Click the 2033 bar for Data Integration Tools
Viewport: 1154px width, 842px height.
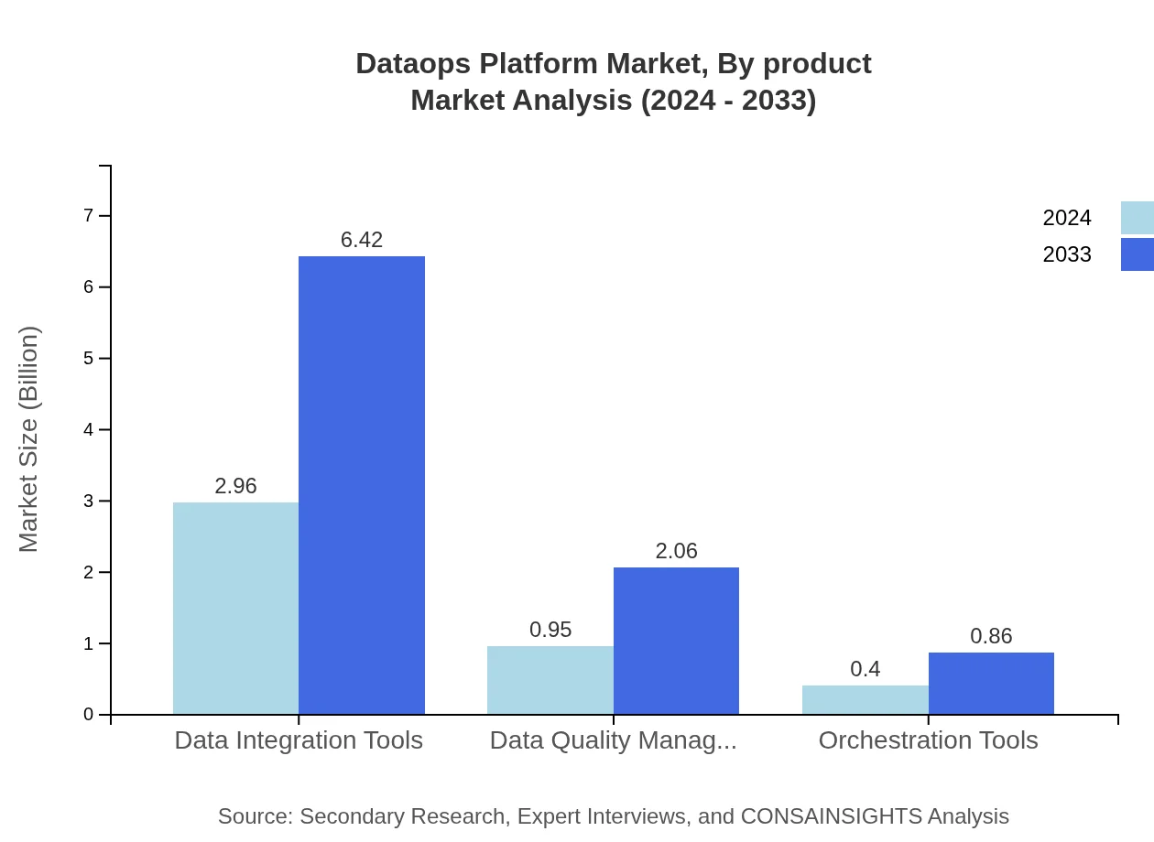coord(362,485)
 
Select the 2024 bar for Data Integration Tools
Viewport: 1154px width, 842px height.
coord(235,609)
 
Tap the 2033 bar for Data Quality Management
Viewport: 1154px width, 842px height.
coord(676,641)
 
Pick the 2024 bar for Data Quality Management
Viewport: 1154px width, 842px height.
coord(550,680)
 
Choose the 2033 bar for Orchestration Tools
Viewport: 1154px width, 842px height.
coord(991,684)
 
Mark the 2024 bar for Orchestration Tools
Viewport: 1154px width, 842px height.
coord(865,700)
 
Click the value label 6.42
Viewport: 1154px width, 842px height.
coord(362,240)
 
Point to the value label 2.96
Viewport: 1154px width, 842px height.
coord(235,486)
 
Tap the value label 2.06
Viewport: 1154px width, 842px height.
coord(676,551)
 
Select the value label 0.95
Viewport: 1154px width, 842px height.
coord(550,630)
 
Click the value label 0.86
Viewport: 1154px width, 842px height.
coord(991,636)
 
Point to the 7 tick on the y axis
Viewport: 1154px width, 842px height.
coord(89,216)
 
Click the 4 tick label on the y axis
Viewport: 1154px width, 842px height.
coord(89,430)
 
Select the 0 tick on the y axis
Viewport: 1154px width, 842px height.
coord(89,715)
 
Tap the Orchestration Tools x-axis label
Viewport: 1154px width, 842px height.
coord(928,740)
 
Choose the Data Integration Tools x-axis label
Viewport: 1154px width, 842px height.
coord(299,740)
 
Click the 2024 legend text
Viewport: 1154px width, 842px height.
coord(1067,218)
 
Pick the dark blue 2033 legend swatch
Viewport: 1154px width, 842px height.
coord(1137,254)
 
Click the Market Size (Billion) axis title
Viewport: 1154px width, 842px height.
coord(28,439)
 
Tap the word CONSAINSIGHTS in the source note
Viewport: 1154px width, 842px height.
coord(831,816)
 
